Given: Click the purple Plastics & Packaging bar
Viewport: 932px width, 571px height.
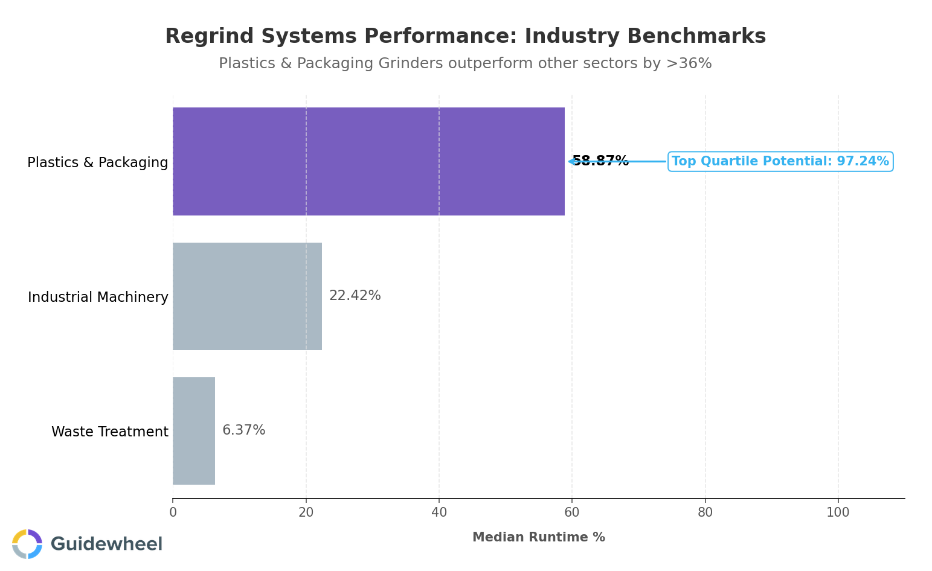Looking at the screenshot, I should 368,161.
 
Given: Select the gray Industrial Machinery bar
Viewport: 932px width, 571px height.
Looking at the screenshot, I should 247,296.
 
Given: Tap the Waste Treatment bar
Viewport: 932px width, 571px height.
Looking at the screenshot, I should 194,431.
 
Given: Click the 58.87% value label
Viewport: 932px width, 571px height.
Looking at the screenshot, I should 600,161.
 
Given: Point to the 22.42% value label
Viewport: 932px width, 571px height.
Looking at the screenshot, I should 355,296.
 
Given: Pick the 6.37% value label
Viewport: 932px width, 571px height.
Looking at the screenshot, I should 243,430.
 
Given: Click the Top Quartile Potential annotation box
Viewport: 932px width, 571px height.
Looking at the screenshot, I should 780,162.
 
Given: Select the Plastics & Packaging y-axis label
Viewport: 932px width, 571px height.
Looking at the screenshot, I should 98,163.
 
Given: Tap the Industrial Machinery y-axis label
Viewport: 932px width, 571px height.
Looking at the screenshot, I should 98,298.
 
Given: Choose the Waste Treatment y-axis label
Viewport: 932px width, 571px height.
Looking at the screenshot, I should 109,432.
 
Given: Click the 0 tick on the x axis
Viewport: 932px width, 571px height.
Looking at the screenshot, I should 173,513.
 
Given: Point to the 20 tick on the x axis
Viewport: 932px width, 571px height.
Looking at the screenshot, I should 306,513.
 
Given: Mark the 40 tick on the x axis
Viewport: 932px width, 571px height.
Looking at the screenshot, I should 439,513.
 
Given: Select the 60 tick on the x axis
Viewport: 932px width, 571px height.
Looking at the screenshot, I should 572,513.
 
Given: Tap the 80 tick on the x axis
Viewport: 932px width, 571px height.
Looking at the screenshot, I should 705,513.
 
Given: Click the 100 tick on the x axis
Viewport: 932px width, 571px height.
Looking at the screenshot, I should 838,513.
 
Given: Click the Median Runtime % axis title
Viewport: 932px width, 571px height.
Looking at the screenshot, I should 538,537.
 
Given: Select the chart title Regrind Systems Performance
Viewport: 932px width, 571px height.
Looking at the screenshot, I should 465,36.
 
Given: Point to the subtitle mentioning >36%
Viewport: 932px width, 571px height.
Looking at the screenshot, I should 465,63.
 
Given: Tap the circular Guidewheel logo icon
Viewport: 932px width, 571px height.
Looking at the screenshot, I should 27,544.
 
